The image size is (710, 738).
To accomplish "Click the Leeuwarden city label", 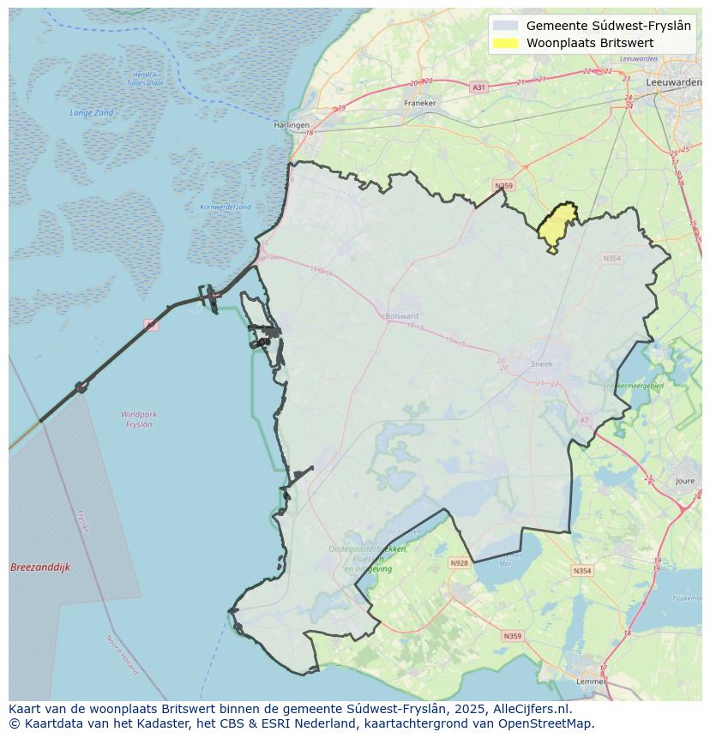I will click(x=674, y=81).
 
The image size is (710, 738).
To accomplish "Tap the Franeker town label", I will click(x=420, y=103).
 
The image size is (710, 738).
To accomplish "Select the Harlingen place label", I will click(x=292, y=125).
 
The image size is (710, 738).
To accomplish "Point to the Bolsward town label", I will click(x=401, y=315).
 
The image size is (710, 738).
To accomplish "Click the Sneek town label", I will click(x=542, y=363).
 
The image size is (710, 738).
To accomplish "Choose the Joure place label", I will click(x=685, y=482).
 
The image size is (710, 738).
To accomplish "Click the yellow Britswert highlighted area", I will click(x=558, y=225).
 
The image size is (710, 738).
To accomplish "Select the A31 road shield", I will click(x=478, y=87).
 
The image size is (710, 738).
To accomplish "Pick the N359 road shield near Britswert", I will click(x=503, y=186).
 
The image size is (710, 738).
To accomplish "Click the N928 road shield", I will click(x=459, y=563).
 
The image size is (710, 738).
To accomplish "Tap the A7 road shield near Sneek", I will click(x=585, y=419).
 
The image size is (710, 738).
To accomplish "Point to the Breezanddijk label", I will click(x=40, y=567).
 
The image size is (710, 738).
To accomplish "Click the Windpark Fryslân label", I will click(x=139, y=419).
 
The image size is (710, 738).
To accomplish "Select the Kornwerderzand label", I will click(x=226, y=207).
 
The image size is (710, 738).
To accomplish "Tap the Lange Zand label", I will click(x=92, y=113).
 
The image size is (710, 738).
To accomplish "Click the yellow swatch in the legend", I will click(x=507, y=43).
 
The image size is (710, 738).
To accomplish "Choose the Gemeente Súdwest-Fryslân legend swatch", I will click(x=507, y=26).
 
